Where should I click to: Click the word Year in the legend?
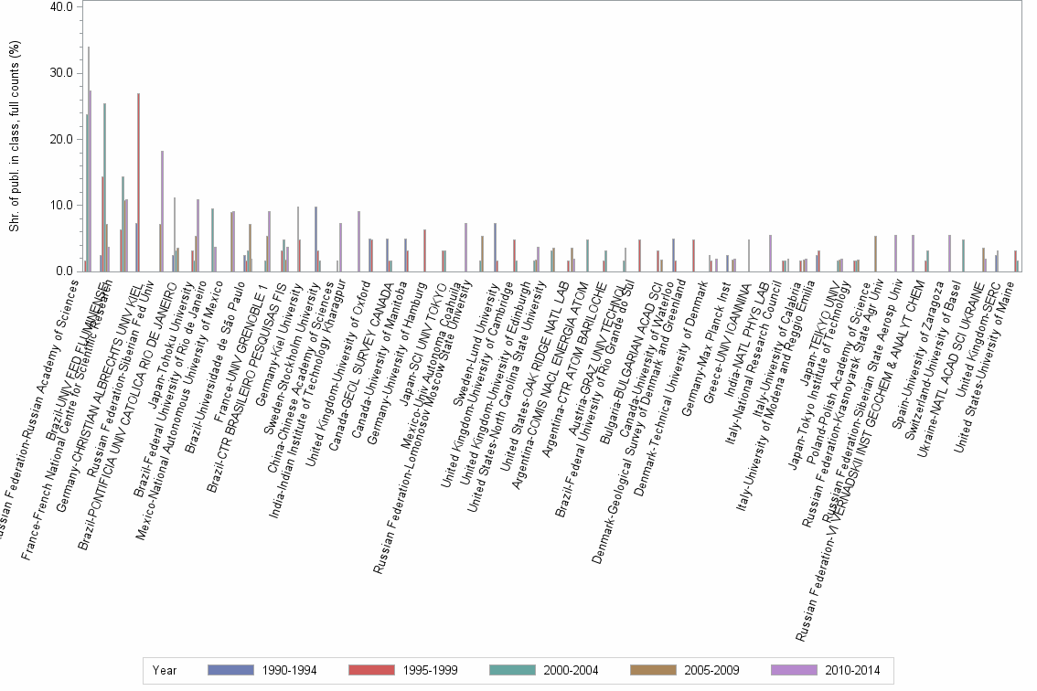tap(165, 670)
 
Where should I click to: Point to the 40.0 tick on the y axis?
tap(61, 6)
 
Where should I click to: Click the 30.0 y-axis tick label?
tap(61, 73)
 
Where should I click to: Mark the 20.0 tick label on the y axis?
tap(61, 139)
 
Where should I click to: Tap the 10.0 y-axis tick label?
tap(61, 206)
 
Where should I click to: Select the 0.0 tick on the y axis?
tap(64, 271)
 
